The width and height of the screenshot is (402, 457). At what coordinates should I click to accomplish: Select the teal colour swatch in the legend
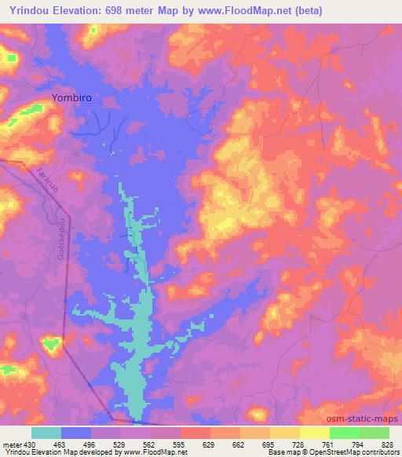(46, 433)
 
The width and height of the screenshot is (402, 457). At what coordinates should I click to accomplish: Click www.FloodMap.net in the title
(246, 11)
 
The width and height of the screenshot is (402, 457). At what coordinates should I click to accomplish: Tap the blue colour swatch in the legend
(76, 433)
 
